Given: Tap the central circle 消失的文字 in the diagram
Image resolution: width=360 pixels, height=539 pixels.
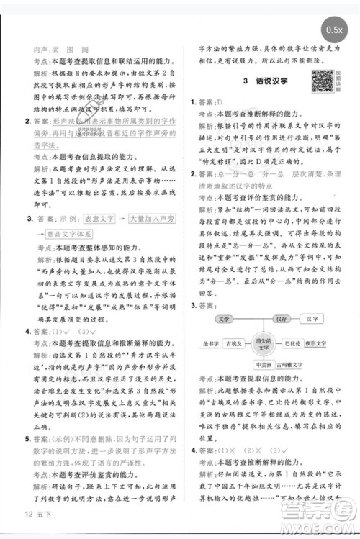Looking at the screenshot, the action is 261,344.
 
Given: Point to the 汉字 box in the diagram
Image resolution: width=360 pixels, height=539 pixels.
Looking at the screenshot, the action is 313,318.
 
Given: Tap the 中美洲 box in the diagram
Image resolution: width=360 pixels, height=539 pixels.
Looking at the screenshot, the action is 262,365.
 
